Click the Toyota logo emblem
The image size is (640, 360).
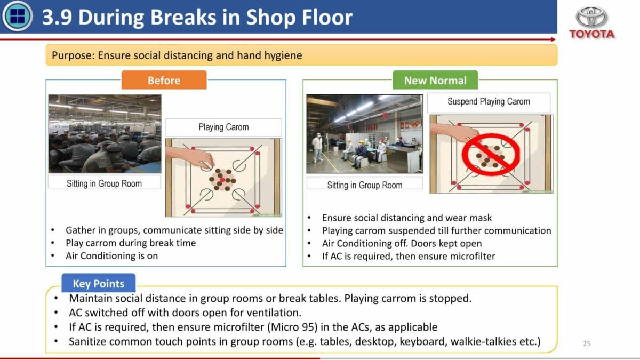591,17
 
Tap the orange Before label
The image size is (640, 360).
164,81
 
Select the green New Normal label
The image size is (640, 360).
435,81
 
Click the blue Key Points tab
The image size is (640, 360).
99,283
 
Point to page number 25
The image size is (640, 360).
587,343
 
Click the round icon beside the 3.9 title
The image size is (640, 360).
18,16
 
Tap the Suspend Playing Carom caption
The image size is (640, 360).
489,102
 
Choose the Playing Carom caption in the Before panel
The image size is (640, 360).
223,127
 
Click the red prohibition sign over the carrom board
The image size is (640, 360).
491,155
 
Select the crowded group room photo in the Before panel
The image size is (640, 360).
105,134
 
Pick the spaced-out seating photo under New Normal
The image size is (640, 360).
365,134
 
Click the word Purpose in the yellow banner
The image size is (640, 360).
73,55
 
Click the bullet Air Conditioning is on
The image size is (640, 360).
111,255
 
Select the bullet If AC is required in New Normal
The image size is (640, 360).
409,257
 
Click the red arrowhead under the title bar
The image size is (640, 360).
553,39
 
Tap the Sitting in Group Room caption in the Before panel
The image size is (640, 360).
105,183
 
